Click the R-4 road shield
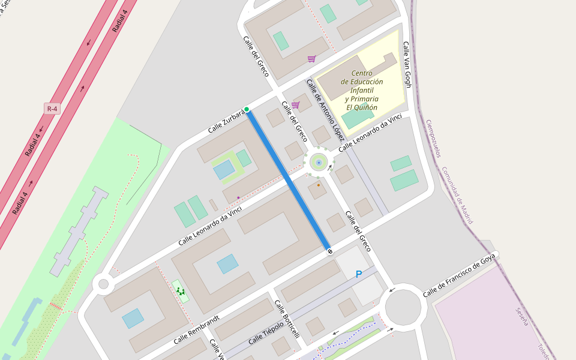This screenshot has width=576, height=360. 53,109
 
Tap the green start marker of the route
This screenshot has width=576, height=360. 247,109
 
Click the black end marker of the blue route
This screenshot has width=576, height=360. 329,251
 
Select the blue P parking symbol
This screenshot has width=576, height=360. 359,274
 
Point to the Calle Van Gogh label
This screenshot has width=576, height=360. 407,65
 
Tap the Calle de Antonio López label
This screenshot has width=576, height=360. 325,106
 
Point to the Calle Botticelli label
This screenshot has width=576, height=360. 287,319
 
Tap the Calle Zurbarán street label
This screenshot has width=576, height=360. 227,121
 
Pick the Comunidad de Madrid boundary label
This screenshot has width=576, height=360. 457,195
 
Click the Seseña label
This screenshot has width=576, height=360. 522,316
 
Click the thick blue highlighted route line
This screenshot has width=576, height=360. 288,180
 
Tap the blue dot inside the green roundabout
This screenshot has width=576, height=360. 319,162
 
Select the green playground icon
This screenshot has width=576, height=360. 180,292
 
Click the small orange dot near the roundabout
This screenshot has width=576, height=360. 318,185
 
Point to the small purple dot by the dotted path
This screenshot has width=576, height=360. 238,197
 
